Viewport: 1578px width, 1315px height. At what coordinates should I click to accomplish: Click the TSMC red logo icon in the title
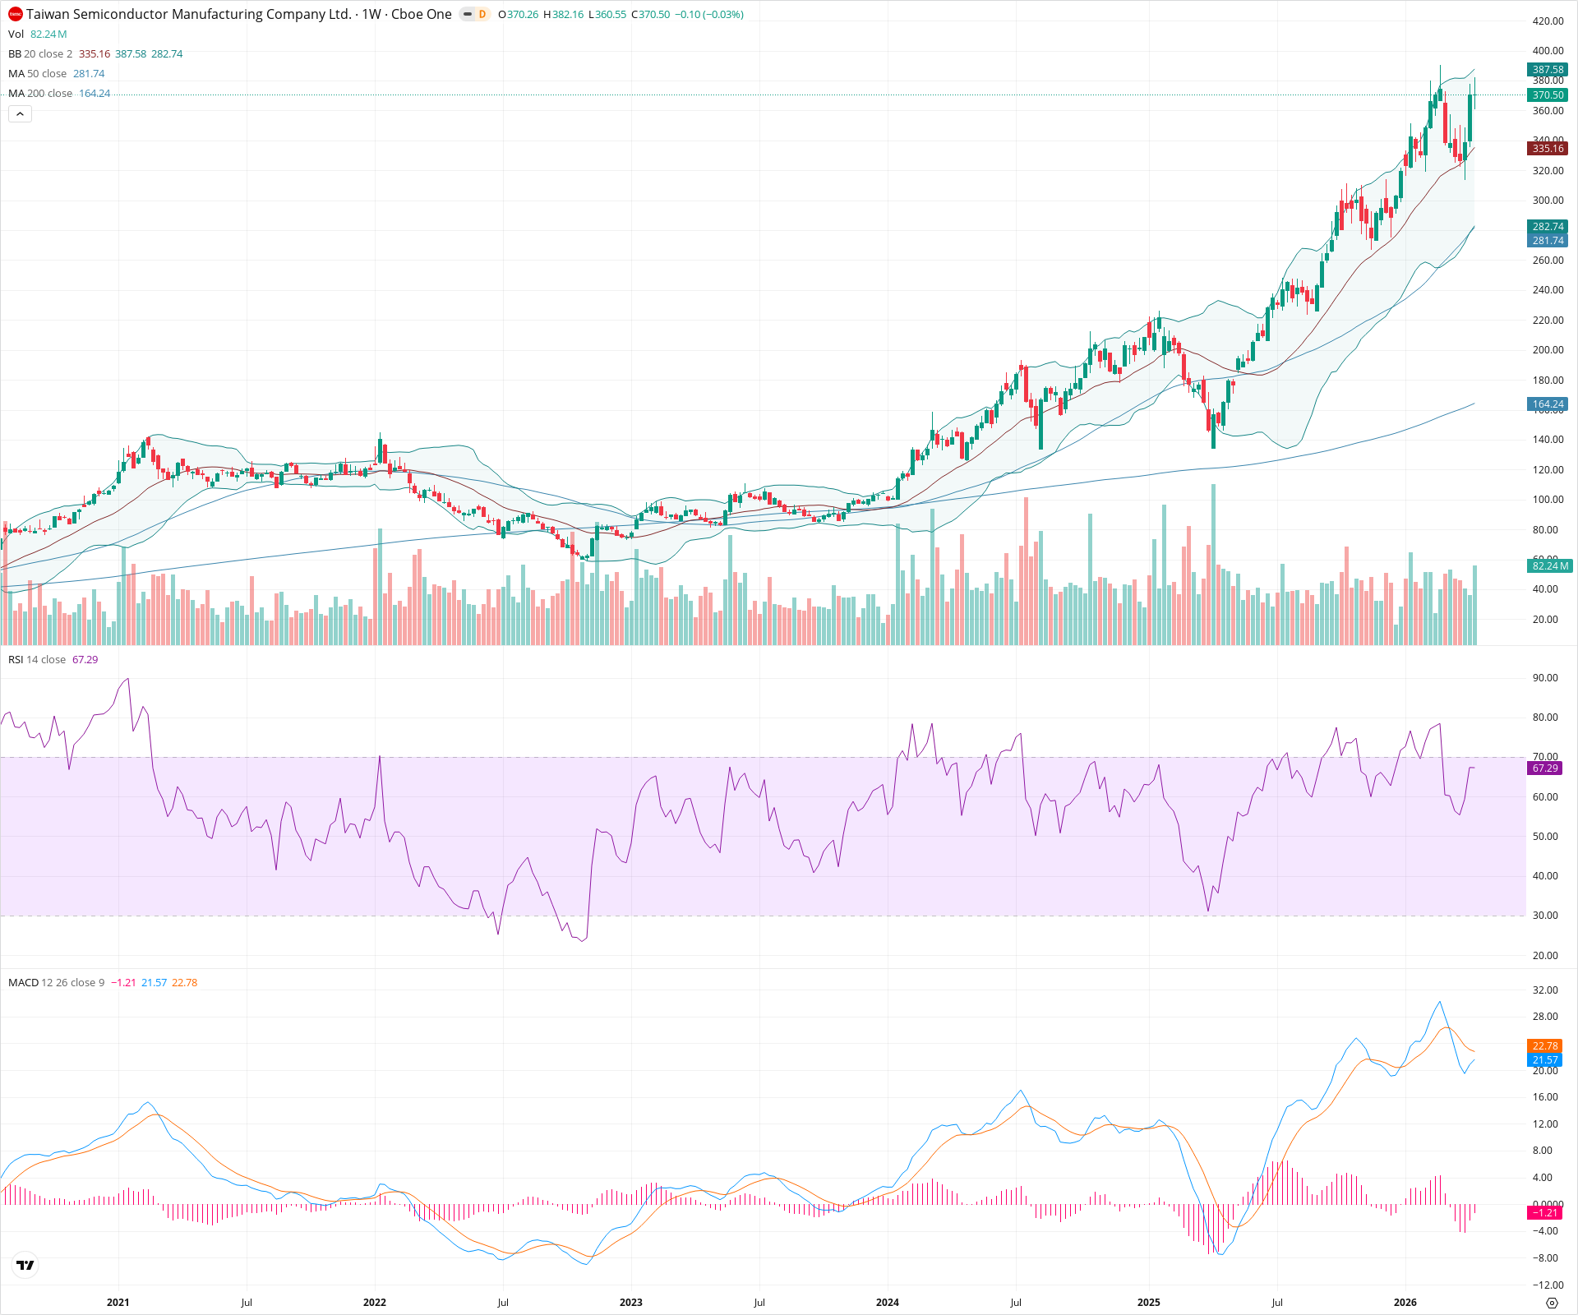(16, 14)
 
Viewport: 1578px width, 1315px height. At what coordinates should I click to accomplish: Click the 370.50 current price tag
(1548, 95)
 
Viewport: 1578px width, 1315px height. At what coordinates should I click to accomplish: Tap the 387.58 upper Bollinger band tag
(1548, 70)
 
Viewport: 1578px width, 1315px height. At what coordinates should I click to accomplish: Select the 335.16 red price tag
(1548, 149)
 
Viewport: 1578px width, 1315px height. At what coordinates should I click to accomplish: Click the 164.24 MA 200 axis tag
(1548, 404)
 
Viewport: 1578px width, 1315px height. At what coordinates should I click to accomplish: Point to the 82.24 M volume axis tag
(1550, 565)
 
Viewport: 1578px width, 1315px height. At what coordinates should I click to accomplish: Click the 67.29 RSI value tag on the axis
(1545, 768)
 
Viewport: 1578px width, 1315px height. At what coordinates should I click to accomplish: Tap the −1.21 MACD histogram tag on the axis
(1545, 1213)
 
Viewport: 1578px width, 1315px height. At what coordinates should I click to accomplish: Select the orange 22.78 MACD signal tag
(1545, 1046)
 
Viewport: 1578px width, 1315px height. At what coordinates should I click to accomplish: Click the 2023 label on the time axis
(631, 1302)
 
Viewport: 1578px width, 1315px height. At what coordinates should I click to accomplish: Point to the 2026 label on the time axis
(1405, 1302)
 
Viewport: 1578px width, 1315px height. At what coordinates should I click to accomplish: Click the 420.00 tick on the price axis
(1548, 21)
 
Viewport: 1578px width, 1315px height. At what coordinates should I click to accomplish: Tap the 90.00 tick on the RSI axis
(1545, 678)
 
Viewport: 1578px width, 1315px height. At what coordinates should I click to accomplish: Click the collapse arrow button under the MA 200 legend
(20, 114)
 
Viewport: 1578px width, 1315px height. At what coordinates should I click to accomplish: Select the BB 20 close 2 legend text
(40, 54)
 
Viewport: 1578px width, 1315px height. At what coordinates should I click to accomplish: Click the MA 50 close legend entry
(38, 74)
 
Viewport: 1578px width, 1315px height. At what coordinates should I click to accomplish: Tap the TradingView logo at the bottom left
(25, 1265)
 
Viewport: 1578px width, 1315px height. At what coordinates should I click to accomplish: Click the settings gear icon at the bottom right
(1552, 1303)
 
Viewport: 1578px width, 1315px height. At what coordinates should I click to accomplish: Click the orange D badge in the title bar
(482, 14)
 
